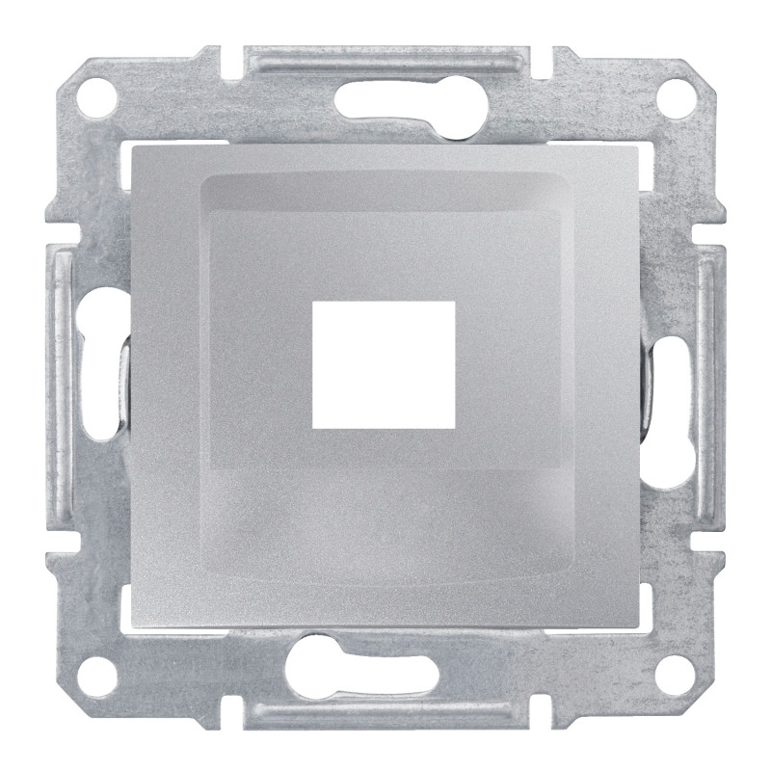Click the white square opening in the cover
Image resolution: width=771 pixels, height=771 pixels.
coord(384,364)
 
